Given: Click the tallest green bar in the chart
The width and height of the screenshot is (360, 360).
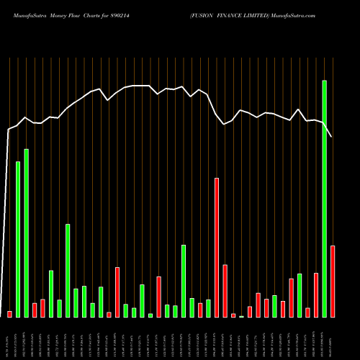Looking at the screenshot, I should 324,199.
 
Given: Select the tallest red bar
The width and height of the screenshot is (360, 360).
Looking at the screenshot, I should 217,247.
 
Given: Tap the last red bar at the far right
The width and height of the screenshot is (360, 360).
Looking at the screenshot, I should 333,281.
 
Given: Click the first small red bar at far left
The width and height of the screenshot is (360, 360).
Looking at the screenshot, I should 10,314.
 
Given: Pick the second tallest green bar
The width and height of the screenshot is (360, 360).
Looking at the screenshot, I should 27,233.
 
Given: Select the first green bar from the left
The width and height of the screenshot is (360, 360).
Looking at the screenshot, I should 18,239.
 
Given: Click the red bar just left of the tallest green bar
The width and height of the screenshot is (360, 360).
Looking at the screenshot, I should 316,295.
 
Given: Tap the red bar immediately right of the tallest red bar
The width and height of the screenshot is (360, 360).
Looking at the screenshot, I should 225,291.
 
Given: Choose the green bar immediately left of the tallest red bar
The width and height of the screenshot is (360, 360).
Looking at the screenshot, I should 208,308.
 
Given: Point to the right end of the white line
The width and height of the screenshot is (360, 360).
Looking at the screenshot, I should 332,136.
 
